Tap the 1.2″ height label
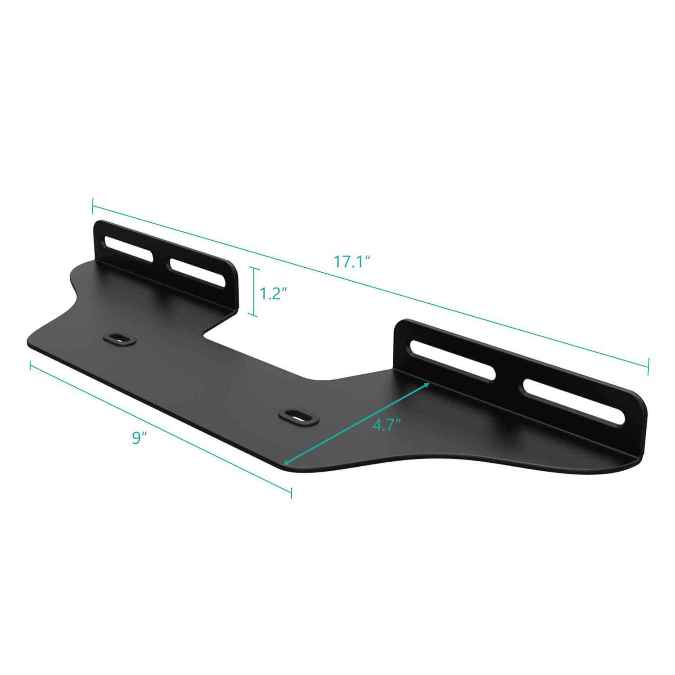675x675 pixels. coord(274,294)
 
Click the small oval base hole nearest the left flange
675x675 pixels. coord(119,338)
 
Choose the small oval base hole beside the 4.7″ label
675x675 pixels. coord(298,415)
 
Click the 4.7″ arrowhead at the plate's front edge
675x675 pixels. coord(285,462)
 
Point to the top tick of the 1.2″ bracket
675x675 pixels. coord(255,269)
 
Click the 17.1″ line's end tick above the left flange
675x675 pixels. coord(92,206)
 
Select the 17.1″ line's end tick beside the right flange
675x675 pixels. coord(648,366)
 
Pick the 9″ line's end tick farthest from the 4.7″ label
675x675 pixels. coord(30,366)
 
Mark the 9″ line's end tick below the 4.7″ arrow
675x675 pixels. coord(292,492)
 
